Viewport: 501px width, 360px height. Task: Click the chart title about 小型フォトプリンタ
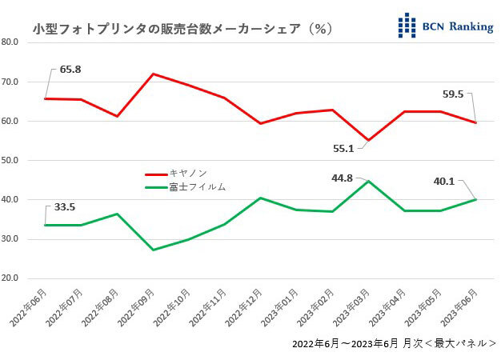(182, 28)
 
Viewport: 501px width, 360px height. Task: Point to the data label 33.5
(64, 206)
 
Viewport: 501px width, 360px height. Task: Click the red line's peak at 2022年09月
(152, 74)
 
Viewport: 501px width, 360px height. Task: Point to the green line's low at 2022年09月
(152, 250)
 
